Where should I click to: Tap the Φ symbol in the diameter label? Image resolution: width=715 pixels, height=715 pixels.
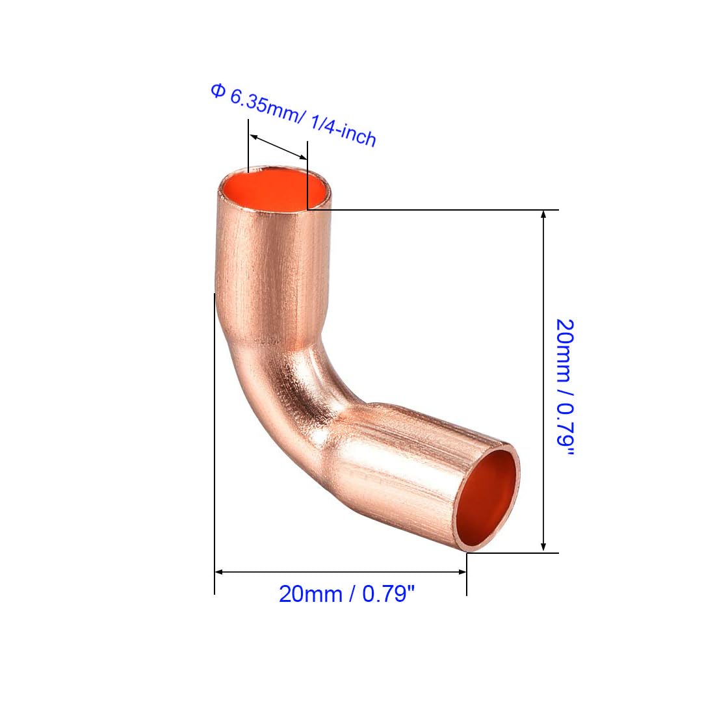(x=218, y=91)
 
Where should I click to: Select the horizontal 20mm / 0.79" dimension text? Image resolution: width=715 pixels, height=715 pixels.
(x=346, y=594)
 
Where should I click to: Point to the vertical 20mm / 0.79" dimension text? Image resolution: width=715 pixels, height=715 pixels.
(x=564, y=387)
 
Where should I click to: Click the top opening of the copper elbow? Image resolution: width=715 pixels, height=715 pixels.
(x=274, y=190)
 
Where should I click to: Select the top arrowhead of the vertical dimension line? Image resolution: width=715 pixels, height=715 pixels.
(x=543, y=214)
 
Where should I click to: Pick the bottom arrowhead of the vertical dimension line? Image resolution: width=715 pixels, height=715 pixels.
(x=543, y=548)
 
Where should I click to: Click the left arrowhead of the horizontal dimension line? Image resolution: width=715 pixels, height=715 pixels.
(x=219, y=572)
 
